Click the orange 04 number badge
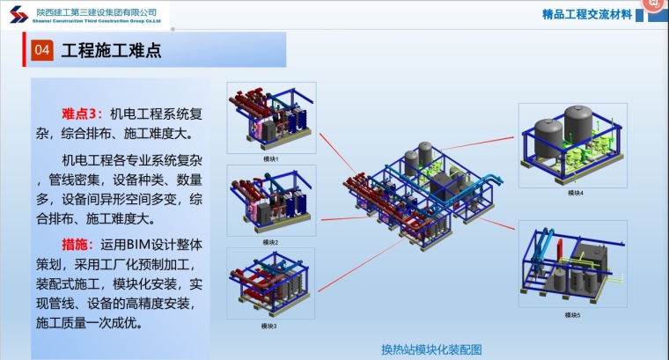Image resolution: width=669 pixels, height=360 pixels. tap(41, 51)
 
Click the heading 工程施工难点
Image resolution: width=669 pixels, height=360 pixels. tap(111, 51)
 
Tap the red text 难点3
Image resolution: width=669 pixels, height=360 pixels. tap(82, 114)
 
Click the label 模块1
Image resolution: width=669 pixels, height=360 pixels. tap(270, 158)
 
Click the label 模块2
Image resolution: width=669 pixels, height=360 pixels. tap(270, 242)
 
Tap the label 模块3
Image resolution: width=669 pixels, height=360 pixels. tap(269, 326)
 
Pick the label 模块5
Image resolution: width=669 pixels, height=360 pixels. tap(572, 315)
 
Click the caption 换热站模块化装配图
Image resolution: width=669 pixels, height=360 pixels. tap(431, 347)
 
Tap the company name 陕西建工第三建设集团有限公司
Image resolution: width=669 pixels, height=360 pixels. tap(98, 11)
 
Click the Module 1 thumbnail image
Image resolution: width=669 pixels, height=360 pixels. tap(270, 117)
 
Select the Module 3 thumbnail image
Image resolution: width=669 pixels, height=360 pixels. tap(270, 284)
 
